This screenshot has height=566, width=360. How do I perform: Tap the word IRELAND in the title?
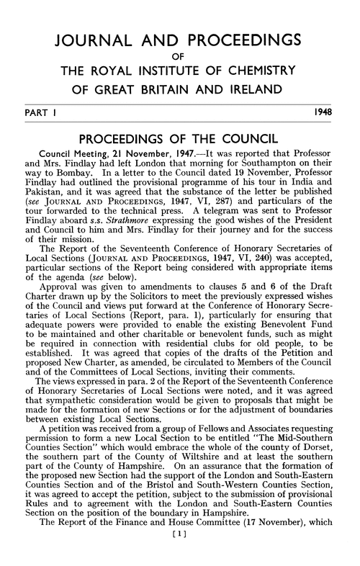click(249, 91)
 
